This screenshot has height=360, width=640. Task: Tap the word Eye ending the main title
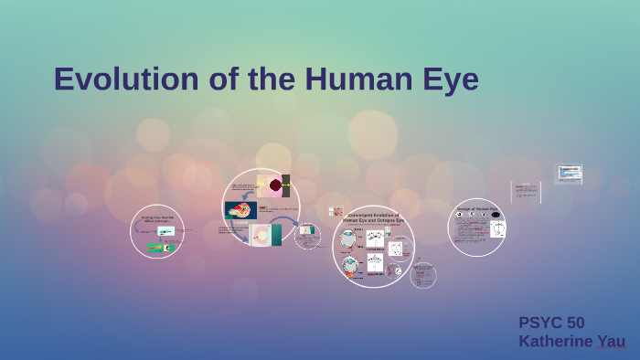pos(448,79)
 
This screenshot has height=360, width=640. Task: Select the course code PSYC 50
pos(551,323)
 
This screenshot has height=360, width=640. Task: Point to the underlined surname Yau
pos(611,341)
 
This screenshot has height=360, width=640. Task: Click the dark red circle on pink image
pos(275,185)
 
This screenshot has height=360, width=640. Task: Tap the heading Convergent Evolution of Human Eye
pos(373,217)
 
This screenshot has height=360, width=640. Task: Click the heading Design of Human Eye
pos(477,210)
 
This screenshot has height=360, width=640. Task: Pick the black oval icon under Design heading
pos(496,216)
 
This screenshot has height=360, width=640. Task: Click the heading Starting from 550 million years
pos(157,218)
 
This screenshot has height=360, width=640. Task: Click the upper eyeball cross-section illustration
pos(349,239)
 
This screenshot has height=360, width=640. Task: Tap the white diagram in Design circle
pos(497,229)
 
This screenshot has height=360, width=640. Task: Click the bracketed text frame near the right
pos(526,192)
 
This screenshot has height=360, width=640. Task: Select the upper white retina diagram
pos(375,240)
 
